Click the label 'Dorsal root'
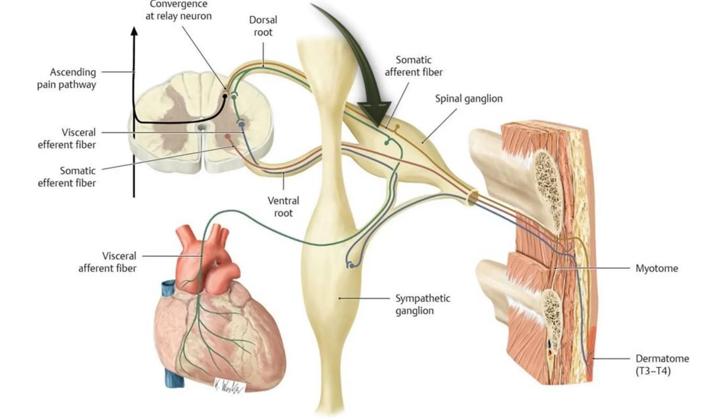click(263, 26)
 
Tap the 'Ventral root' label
click(283, 207)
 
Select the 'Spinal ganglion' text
click(469, 99)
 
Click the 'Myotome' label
click(656, 268)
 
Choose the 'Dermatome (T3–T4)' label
click(662, 364)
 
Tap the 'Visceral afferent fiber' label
click(108, 262)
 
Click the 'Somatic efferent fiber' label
click(67, 177)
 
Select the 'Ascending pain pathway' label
click(67, 78)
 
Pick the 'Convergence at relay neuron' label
click(178, 10)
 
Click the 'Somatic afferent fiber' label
click(413, 66)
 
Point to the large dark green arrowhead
click(374, 113)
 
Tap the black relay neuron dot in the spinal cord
click(225, 95)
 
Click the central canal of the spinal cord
click(201, 128)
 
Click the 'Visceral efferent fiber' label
click(67, 138)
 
